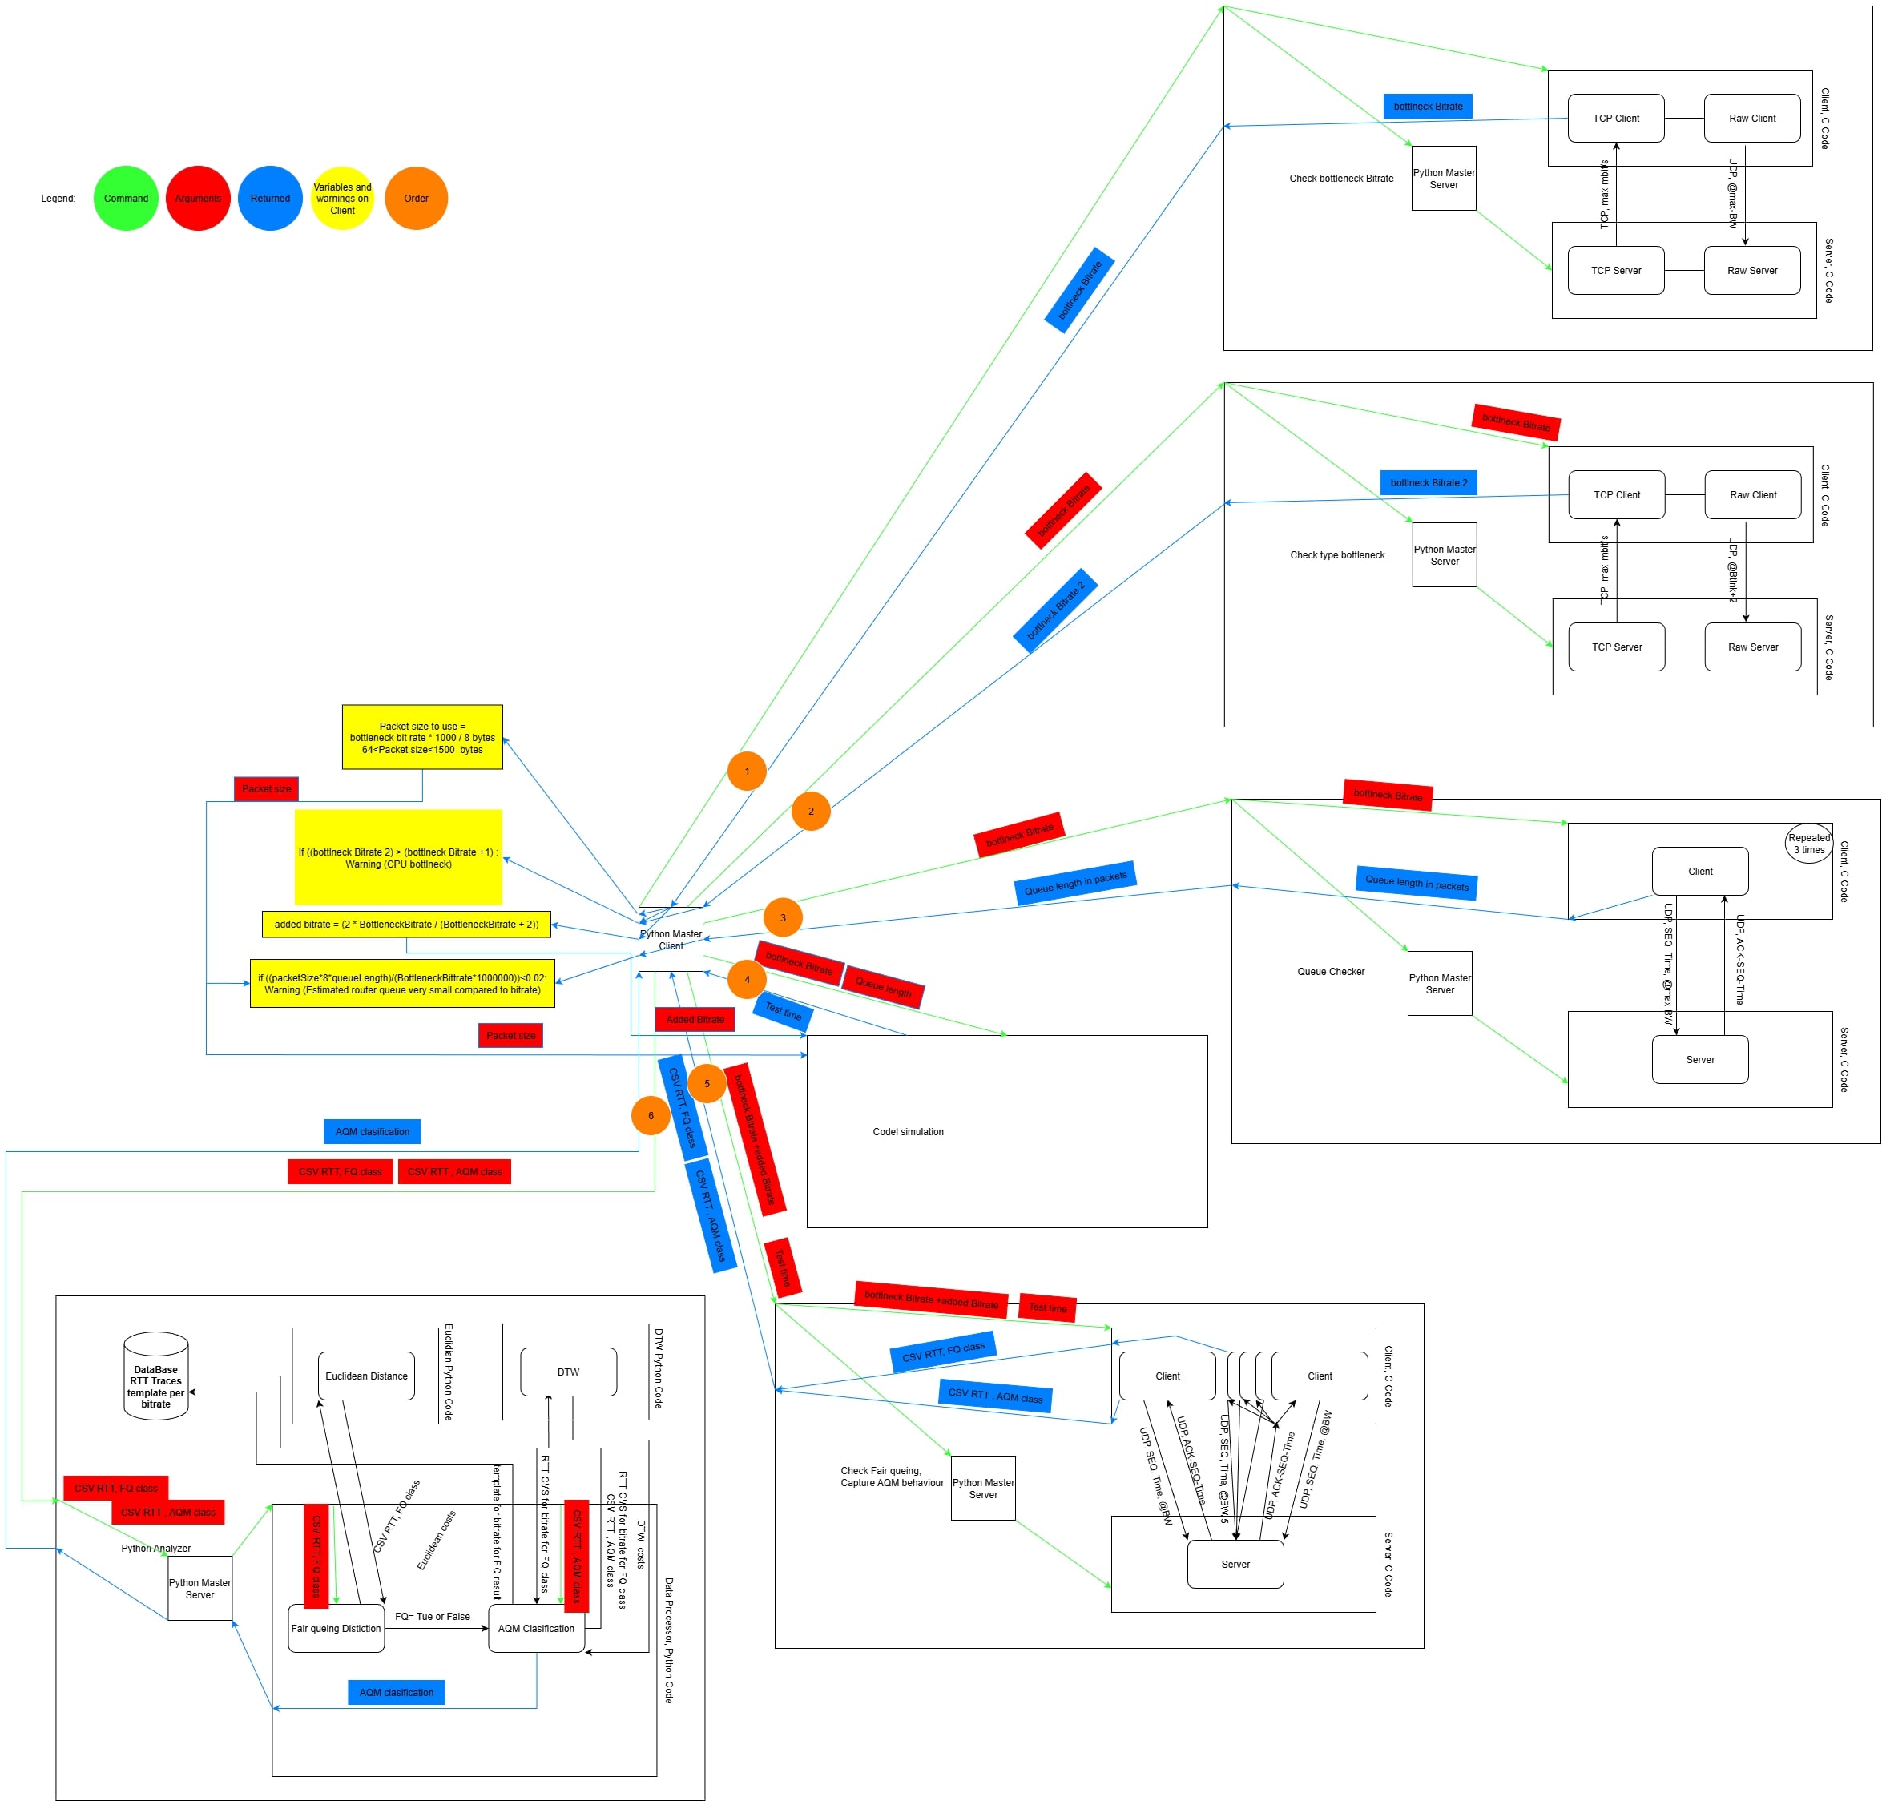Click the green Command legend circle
(126, 199)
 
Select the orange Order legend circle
(416, 199)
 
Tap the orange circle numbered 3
(783, 918)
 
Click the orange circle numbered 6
(650, 1115)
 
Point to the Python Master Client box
(671, 939)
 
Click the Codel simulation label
(908, 1132)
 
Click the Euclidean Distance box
(366, 1376)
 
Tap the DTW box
(567, 1372)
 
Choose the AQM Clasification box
(536, 1628)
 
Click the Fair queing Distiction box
(335, 1628)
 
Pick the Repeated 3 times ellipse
(1809, 844)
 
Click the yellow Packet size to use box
(421, 737)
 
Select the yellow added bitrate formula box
(406, 925)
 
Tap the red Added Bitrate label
(695, 1020)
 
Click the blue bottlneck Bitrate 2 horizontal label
(1428, 483)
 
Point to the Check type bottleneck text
(1336, 555)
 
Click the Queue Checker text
(1330, 972)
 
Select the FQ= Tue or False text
(432, 1617)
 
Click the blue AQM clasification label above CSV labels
(372, 1132)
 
